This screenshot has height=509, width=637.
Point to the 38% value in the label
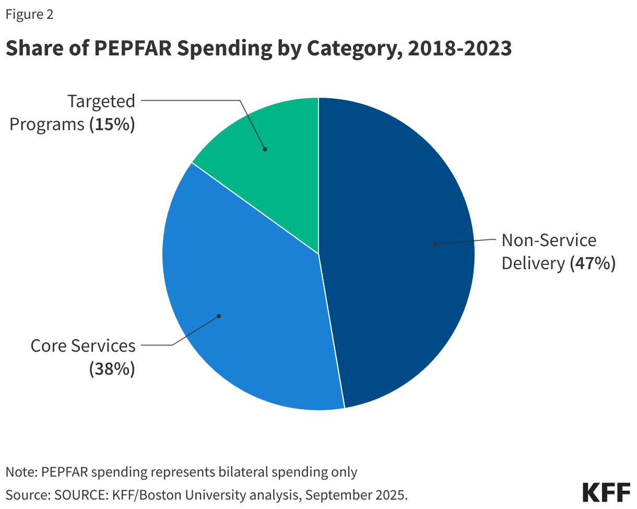(x=112, y=369)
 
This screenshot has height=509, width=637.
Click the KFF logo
(x=606, y=492)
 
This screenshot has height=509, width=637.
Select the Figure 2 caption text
(x=29, y=15)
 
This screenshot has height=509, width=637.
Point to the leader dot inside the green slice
(x=265, y=149)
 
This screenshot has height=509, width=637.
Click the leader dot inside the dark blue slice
(x=434, y=244)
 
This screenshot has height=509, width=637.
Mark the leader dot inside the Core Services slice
(x=219, y=316)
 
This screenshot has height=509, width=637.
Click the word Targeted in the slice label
(x=101, y=101)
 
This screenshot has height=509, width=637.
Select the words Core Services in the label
(x=83, y=346)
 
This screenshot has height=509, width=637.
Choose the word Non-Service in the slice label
(x=549, y=240)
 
